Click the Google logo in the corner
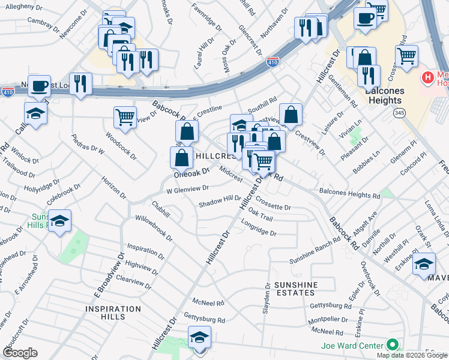coord(20,353)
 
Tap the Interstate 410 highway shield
coord(273,62)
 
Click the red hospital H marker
coord(427,77)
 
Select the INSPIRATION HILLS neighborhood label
coord(113,310)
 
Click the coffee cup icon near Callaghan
coord(40,86)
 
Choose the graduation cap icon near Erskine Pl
coord(424,264)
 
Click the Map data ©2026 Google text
coord(412,355)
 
